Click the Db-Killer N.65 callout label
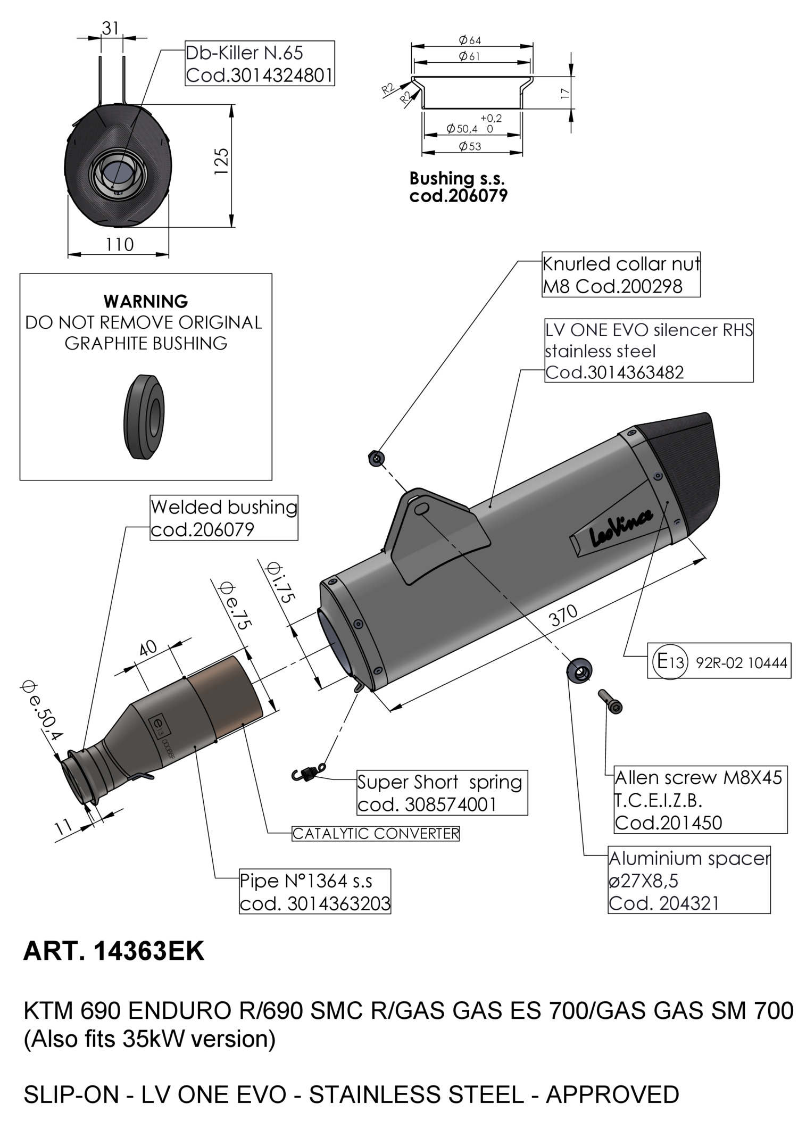coord(260,63)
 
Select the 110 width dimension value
coord(120,244)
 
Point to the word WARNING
coord(146,301)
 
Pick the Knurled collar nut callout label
coord(621,275)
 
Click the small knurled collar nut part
coord(377,458)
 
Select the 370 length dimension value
coord(563,616)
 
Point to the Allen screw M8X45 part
coord(610,701)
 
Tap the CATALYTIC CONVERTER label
coord(376,833)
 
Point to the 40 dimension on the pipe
coord(148,647)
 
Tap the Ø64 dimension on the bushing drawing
coord(470,40)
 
